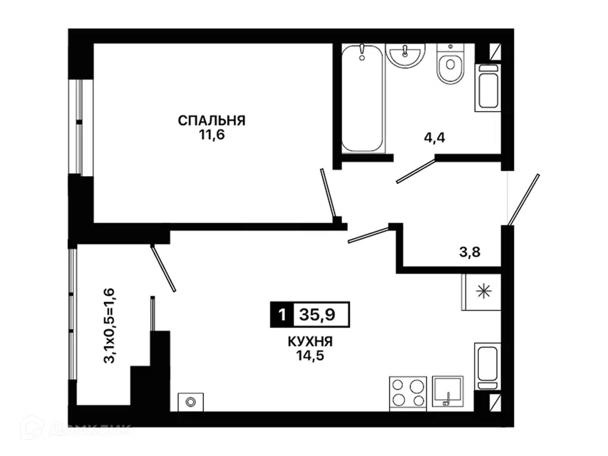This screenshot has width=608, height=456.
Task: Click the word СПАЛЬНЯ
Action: tap(212, 120)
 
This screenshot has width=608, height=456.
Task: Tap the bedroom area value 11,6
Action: tap(212, 135)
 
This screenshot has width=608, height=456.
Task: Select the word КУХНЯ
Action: tap(310, 341)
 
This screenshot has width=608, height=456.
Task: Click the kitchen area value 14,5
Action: tap(310, 356)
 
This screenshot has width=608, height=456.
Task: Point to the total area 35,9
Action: tap(318, 314)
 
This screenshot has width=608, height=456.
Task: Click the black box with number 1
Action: tap(282, 314)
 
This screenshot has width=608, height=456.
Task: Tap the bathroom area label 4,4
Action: tap(434, 138)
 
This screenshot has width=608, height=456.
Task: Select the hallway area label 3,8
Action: tap(470, 252)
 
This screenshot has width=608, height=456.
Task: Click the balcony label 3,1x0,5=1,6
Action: tap(109, 325)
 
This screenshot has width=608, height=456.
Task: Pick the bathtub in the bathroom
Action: tap(362, 98)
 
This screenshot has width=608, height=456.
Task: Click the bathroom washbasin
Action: tap(406, 55)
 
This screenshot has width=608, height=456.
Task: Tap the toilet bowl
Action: tap(450, 63)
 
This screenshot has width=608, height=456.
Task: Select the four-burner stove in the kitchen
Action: tap(408, 393)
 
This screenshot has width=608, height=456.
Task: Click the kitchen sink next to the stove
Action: tap(448, 391)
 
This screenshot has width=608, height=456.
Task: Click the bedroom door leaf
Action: tap(328, 192)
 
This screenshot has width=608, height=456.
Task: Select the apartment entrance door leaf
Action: tap(523, 199)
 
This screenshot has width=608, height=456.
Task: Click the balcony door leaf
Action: tap(163, 268)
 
